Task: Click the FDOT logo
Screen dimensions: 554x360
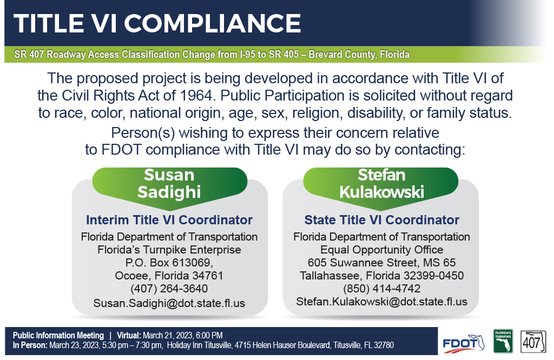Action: (x=463, y=343)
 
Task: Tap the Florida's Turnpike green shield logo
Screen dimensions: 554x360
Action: (x=503, y=341)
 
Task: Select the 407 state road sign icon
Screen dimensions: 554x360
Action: (x=533, y=342)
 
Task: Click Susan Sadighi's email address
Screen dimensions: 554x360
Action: (x=169, y=303)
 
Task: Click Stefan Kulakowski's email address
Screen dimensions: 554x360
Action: (x=381, y=302)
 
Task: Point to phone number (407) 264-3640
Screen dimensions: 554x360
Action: (x=169, y=288)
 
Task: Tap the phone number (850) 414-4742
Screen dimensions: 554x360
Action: (x=381, y=288)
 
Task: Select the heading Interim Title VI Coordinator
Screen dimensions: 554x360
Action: (x=169, y=220)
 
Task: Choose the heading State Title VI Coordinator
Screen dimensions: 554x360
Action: (x=381, y=220)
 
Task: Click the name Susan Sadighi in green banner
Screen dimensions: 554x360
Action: (x=169, y=184)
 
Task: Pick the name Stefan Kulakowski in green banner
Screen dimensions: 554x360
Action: (x=381, y=184)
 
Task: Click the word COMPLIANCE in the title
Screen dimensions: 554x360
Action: (x=212, y=23)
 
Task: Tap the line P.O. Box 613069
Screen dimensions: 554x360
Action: (x=169, y=263)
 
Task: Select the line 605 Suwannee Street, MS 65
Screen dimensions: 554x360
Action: (x=381, y=263)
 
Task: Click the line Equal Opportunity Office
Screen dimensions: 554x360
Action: (x=381, y=250)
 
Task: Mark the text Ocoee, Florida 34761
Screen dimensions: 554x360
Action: (x=169, y=275)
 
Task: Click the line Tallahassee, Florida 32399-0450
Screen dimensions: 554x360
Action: (x=381, y=275)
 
